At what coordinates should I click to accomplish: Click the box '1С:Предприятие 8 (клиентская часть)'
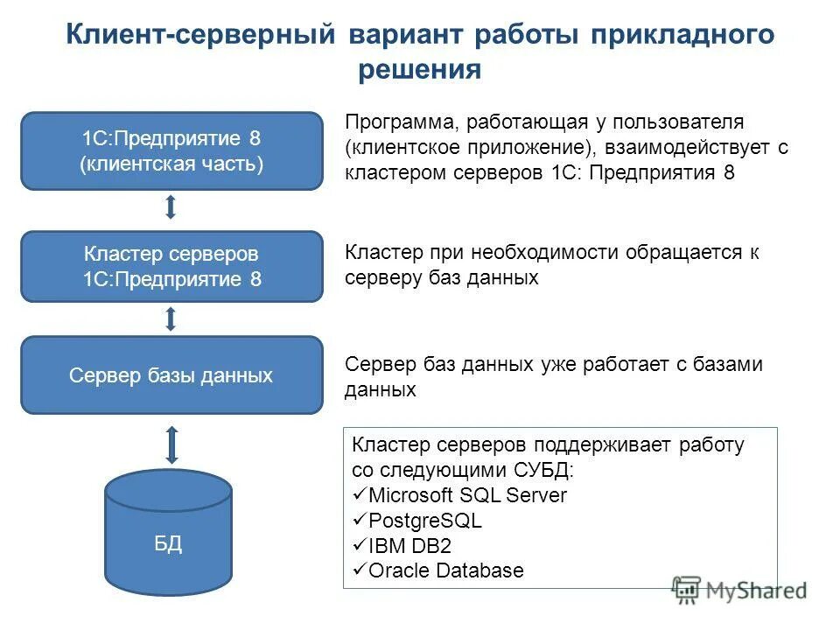[x=171, y=151]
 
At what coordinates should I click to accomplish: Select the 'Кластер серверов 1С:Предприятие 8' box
[x=171, y=267]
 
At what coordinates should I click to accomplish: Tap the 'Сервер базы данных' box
[x=171, y=376]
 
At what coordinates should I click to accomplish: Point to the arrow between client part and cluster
[x=171, y=208]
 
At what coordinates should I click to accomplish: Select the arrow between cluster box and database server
[x=171, y=318]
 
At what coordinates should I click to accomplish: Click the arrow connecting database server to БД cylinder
[x=171, y=444]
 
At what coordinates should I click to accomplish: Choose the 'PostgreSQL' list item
[x=425, y=521]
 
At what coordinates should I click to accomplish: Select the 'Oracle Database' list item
[x=446, y=571]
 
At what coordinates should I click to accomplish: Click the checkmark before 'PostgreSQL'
[x=360, y=521]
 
